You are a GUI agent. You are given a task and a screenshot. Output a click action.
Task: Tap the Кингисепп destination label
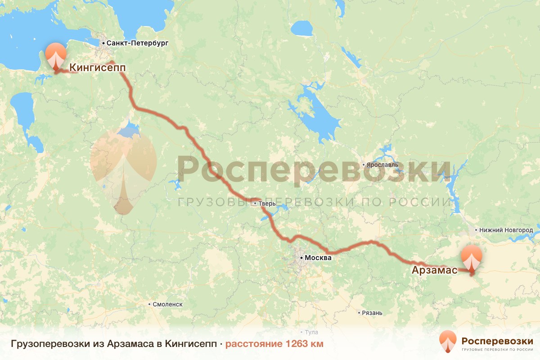pos(97,67)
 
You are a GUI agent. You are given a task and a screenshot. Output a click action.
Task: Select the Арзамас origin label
pos(434,270)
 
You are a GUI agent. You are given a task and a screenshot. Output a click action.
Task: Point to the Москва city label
pos(318,258)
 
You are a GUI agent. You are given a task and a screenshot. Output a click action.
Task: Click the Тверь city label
pos(266,204)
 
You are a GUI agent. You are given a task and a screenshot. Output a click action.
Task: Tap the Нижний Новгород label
pos(506,230)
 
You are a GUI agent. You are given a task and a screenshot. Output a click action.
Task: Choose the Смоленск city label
pos(167,304)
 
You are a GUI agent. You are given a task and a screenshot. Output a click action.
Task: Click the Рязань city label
pos(372,313)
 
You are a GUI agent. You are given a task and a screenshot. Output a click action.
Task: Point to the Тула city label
pos(311,333)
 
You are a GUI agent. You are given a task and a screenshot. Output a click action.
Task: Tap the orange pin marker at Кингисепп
pos(56,56)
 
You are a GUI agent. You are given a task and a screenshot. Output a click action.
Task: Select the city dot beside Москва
pos(301,258)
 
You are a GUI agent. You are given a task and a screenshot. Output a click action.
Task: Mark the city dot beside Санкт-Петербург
pos(103,43)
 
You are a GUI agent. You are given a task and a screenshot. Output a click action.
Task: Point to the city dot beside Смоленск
pos(149,304)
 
